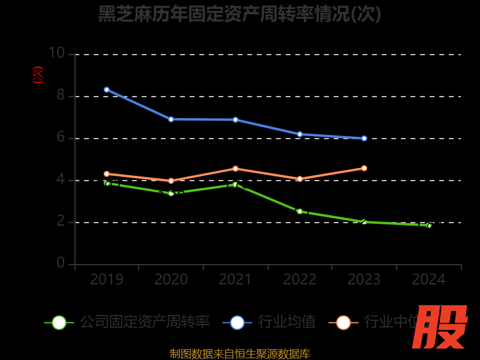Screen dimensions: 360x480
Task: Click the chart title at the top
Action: point(240,13)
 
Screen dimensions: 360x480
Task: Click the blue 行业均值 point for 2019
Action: point(107,89)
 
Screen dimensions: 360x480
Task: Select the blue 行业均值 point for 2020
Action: point(171,119)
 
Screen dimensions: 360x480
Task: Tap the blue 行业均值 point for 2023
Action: point(364,138)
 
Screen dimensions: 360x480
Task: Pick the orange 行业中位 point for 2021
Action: point(235,169)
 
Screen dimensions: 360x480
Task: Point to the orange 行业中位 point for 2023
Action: point(364,168)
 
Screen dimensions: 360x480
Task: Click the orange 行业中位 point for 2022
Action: point(299,179)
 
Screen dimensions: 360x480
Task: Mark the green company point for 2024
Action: point(429,226)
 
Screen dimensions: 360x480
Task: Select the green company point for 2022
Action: point(299,211)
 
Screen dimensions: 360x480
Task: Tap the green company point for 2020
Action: point(171,193)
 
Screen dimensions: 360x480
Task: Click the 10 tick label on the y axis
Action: point(56,53)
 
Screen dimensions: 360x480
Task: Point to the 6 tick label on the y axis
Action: point(60,137)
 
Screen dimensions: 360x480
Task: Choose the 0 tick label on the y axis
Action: point(60,263)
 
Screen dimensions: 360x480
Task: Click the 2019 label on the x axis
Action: point(107,280)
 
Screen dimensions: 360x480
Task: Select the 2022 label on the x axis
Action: point(299,280)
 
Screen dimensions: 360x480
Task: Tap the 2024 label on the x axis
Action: point(428,280)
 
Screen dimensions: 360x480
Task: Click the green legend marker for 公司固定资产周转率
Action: point(59,323)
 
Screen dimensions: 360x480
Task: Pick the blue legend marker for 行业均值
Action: point(237,323)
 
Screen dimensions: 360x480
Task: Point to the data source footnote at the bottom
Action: point(240,353)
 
